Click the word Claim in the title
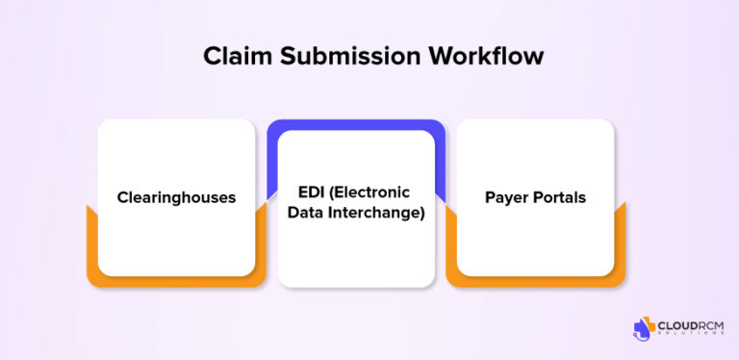pos(231,57)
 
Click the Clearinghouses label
pos(176,198)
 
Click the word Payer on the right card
pos(507,198)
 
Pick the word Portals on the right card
pos(559,198)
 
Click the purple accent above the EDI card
pos(356,126)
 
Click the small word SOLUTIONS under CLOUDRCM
pos(692,337)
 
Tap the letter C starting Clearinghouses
pos(123,198)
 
